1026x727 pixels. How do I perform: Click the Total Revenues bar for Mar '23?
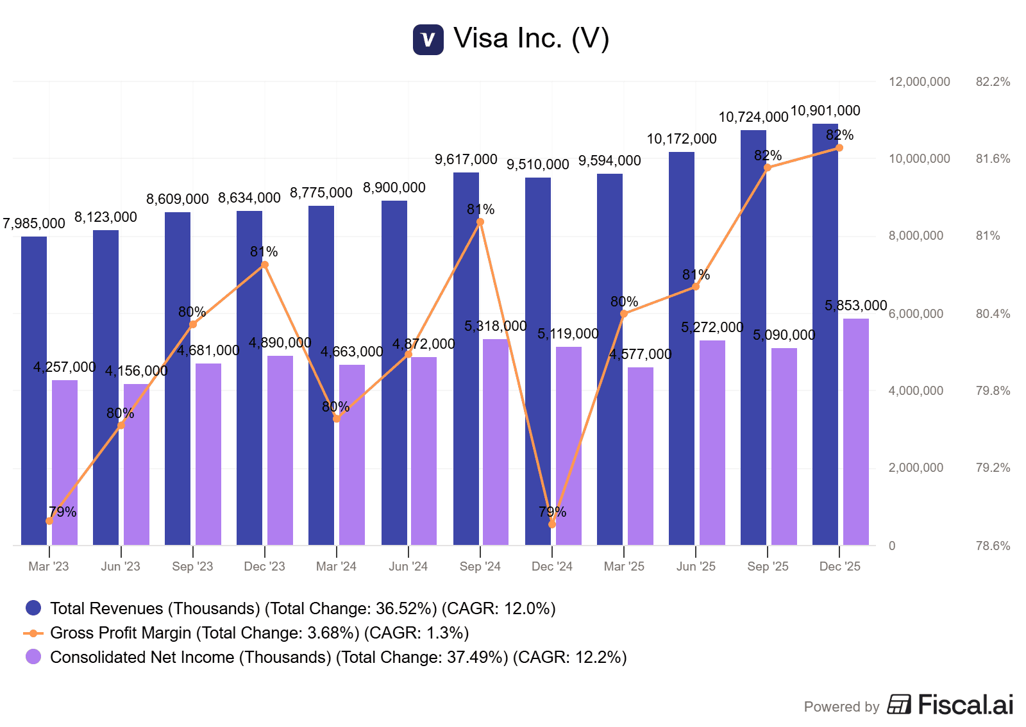34,391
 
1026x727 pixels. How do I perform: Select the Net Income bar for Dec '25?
855,432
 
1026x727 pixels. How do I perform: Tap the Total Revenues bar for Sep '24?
466,359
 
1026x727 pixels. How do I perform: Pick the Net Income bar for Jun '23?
137,465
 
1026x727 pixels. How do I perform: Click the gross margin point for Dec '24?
552,524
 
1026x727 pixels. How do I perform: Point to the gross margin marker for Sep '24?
480,222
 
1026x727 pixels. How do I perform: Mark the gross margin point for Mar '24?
337,419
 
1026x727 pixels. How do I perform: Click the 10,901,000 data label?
825,111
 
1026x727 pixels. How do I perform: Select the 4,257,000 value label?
65,367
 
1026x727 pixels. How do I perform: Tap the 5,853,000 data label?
855,306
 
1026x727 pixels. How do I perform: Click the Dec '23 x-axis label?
264,567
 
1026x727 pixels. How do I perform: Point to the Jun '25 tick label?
696,567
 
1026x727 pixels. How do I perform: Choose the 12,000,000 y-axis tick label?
919,82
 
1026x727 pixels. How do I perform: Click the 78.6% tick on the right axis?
993,546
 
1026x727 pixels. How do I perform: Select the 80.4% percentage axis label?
993,314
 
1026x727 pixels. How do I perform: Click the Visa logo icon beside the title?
428,40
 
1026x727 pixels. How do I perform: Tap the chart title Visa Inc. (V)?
531,38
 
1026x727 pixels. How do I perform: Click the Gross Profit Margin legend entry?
259,633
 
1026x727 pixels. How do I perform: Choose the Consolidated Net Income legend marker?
33,657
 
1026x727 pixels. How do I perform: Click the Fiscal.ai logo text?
965,705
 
